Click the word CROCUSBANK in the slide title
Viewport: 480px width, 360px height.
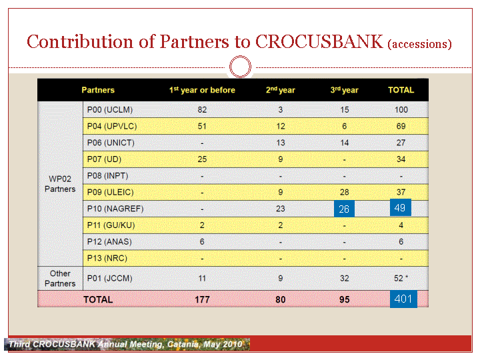click(319, 41)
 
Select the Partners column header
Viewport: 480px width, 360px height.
click(98, 90)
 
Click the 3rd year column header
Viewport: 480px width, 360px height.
click(344, 90)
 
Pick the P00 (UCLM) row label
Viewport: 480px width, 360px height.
click(110, 109)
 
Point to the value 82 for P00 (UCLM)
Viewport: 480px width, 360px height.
click(202, 109)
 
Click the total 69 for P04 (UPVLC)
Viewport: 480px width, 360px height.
click(401, 126)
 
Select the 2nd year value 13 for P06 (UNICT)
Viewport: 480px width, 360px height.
click(281, 143)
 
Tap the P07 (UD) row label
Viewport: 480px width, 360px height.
click(104, 159)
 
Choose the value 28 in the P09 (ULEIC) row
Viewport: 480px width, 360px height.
click(345, 192)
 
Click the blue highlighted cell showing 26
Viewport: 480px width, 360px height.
click(344, 209)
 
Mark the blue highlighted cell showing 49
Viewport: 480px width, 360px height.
click(401, 207)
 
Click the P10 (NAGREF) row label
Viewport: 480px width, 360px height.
click(115, 209)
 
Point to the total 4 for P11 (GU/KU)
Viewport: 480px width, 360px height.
click(401, 225)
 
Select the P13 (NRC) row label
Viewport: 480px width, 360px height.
click(107, 259)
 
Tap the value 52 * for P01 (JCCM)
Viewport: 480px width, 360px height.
click(401, 278)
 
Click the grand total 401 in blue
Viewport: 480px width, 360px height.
click(403, 299)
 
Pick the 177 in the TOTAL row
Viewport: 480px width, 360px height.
click(203, 299)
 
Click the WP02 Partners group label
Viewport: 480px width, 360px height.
click(60, 184)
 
